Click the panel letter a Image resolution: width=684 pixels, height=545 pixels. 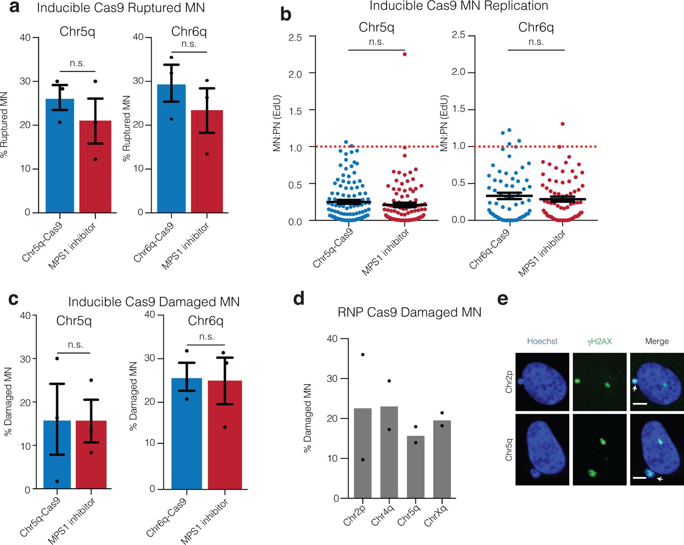tap(14, 8)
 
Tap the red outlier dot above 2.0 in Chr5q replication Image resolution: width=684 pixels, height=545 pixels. tap(405, 54)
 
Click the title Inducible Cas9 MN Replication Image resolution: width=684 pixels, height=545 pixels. tap(459, 6)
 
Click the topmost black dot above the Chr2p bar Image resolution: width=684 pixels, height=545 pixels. tap(363, 355)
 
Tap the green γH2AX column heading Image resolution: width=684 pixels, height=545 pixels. tap(599, 341)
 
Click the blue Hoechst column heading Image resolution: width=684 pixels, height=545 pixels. tap(542, 341)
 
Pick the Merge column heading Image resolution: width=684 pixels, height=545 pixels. tap(657, 341)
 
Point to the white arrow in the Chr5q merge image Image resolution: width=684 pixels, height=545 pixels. tap(661, 479)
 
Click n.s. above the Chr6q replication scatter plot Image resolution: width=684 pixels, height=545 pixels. tap(536, 42)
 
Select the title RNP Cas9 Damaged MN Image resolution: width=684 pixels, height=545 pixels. tap(409, 312)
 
